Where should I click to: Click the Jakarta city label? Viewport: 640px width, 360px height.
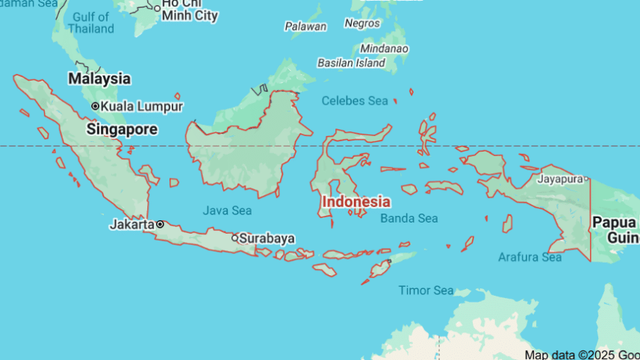tap(131, 224)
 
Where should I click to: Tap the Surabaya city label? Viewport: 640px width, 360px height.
tap(267, 238)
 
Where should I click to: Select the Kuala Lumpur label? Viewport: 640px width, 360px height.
tap(142, 106)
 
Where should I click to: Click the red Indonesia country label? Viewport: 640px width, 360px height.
tap(355, 202)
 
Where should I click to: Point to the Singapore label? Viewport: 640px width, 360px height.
tap(122, 129)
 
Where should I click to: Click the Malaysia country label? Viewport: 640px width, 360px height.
tap(99, 78)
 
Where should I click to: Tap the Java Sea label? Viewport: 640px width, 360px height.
tap(226, 211)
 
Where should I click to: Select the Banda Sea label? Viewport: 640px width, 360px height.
tap(408, 218)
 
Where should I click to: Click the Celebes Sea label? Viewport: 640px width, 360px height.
tap(355, 101)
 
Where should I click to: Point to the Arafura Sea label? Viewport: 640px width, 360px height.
tap(529, 258)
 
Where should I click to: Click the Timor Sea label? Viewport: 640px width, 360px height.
tap(426, 290)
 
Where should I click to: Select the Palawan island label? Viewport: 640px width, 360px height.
tap(305, 26)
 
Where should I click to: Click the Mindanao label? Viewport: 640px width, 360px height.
tap(384, 49)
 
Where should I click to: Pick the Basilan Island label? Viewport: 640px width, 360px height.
tap(351, 63)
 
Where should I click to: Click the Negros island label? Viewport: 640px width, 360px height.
tap(362, 23)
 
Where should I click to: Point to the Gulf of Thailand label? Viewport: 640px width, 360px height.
tap(91, 22)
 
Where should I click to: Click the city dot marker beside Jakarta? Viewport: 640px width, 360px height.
tap(159, 224)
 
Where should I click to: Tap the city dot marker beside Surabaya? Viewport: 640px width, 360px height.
tap(234, 238)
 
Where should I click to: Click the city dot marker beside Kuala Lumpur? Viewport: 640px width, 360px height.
tap(95, 106)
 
